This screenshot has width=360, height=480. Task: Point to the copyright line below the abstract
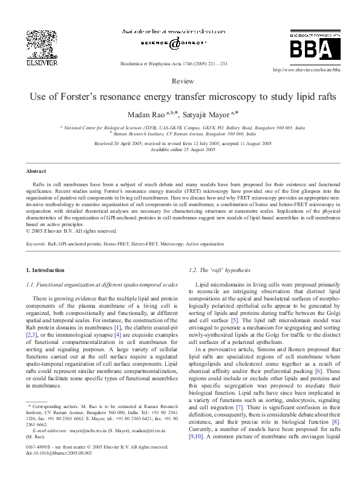72,230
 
